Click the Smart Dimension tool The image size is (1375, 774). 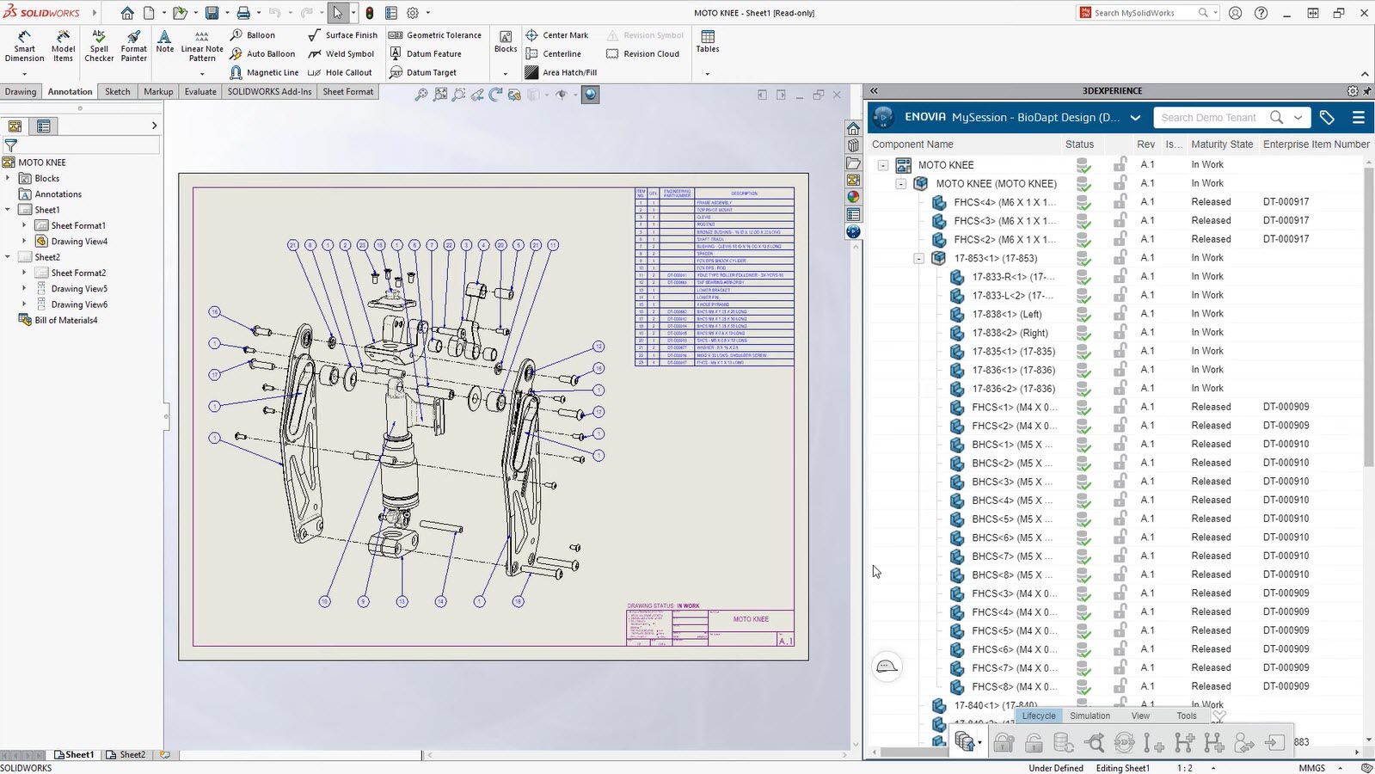[24, 45]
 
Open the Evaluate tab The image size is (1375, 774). [200, 91]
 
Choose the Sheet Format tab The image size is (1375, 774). [347, 91]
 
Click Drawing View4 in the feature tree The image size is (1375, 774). [79, 242]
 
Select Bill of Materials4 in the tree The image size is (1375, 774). [66, 320]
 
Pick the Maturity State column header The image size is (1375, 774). [1221, 144]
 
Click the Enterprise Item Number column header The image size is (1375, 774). [1316, 144]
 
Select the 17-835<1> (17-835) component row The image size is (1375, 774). [1013, 351]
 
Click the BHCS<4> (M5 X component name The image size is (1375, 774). [1006, 501]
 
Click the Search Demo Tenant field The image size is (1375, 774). [1208, 118]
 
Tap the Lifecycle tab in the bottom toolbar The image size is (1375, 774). [1038, 716]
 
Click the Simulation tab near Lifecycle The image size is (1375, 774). [1090, 716]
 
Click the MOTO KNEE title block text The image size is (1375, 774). [751, 619]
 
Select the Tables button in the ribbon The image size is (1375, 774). [708, 41]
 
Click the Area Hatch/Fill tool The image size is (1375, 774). [568, 72]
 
